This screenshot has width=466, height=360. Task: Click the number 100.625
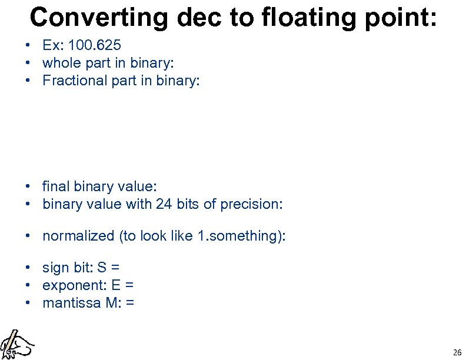point(95,45)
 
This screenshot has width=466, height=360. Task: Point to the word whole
point(61,62)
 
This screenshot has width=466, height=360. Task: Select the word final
point(56,186)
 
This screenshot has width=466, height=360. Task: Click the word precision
point(251,204)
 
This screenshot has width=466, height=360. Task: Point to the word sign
point(55,268)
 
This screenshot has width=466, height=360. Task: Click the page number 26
point(457,352)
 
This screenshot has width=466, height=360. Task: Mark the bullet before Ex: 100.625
point(28,45)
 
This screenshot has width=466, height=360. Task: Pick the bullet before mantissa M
point(28,303)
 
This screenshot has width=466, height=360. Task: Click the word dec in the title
point(197,17)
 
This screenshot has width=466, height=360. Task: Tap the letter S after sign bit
point(102,268)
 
